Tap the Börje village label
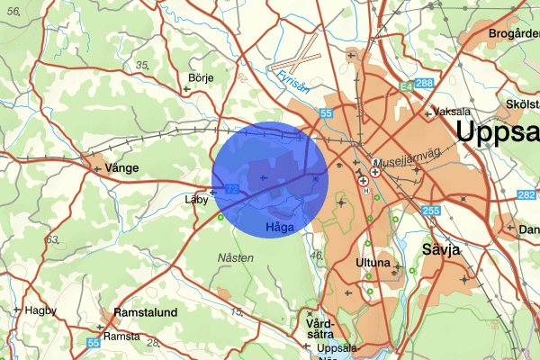(200, 78)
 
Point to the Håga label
(280, 229)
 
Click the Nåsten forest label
(236, 257)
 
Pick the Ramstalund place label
(145, 312)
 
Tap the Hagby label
(41, 310)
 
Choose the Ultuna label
(373, 264)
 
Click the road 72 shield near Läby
(232, 189)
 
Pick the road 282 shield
(526, 194)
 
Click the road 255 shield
(430, 211)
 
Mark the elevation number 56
(13, 9)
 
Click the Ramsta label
(121, 336)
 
